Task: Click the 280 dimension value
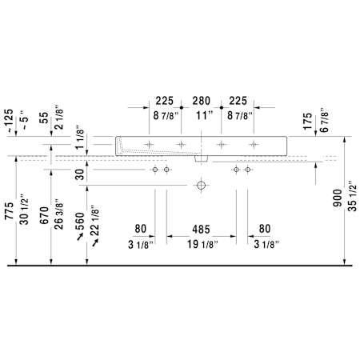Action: (202, 101)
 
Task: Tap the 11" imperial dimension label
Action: (205, 116)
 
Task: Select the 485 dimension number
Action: (201, 230)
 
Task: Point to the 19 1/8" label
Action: (202, 244)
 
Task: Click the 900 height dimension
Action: (338, 198)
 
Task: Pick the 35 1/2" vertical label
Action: (352, 196)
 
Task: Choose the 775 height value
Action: (9, 210)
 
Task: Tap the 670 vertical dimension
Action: (44, 215)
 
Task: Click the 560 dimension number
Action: (80, 222)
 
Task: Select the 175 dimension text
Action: (308, 122)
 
